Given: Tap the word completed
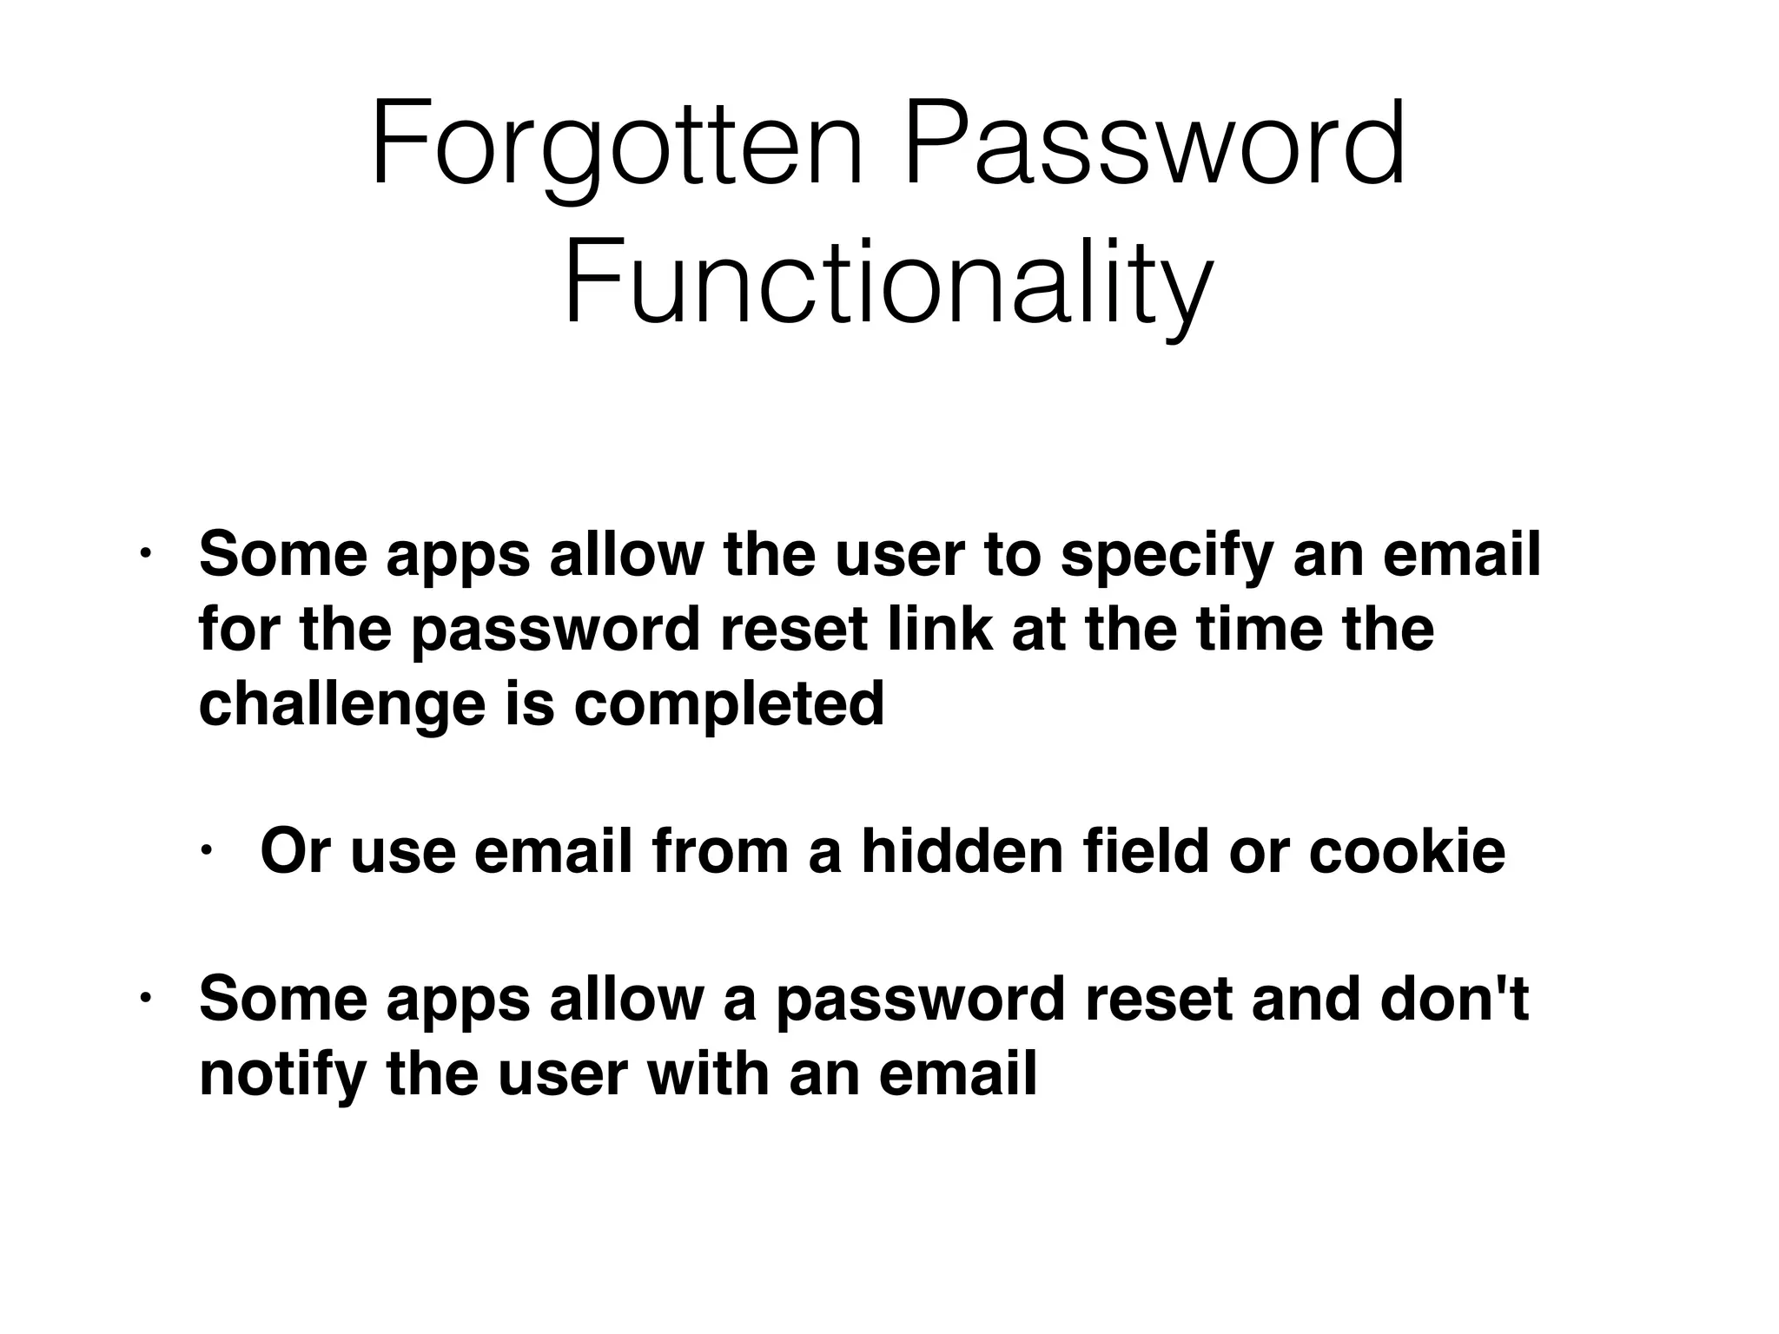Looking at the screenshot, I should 730,705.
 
